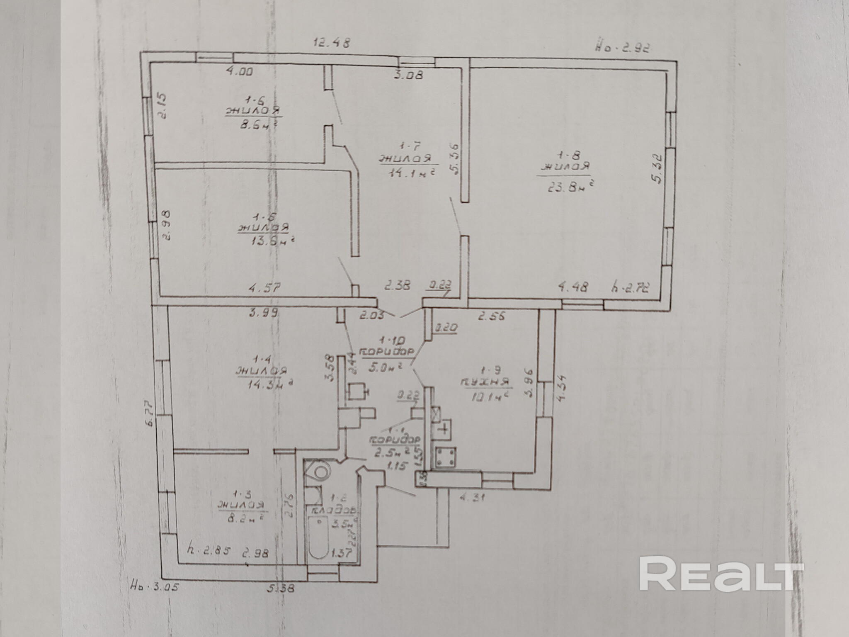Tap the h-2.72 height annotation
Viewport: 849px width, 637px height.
pyautogui.click(x=630, y=287)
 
